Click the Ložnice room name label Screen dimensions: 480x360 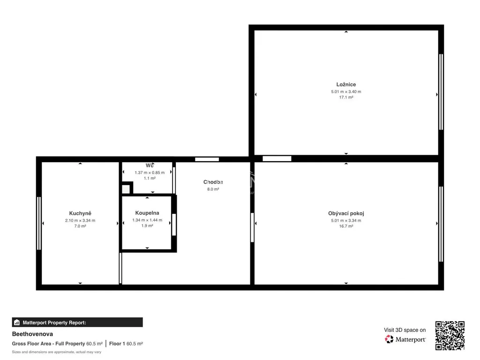coord(346,84)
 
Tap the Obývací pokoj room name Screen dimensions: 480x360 coord(346,213)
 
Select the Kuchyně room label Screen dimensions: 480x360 coord(80,213)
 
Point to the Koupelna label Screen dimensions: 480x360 coord(147,213)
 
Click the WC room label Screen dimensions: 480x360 coord(150,165)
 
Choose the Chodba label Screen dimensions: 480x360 coord(213,182)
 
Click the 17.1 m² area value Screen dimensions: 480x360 coord(346,97)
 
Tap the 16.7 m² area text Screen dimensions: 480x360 coord(346,226)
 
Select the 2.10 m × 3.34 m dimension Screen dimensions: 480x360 coord(80,220)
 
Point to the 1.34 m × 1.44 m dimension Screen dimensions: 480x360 coord(147,220)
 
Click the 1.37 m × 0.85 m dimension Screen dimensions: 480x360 coord(150,172)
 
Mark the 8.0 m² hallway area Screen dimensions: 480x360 coord(213,189)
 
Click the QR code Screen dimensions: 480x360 coord(450,336)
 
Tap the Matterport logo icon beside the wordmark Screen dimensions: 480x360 coord(389,339)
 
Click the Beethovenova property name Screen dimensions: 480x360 coord(32,334)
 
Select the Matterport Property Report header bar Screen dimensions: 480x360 coord(77,322)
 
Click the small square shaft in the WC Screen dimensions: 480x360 coord(126,189)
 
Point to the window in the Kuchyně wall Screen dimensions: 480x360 coord(39,223)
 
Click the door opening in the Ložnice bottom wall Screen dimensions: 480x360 coord(277,158)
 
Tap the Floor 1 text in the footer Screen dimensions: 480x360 coord(117,344)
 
